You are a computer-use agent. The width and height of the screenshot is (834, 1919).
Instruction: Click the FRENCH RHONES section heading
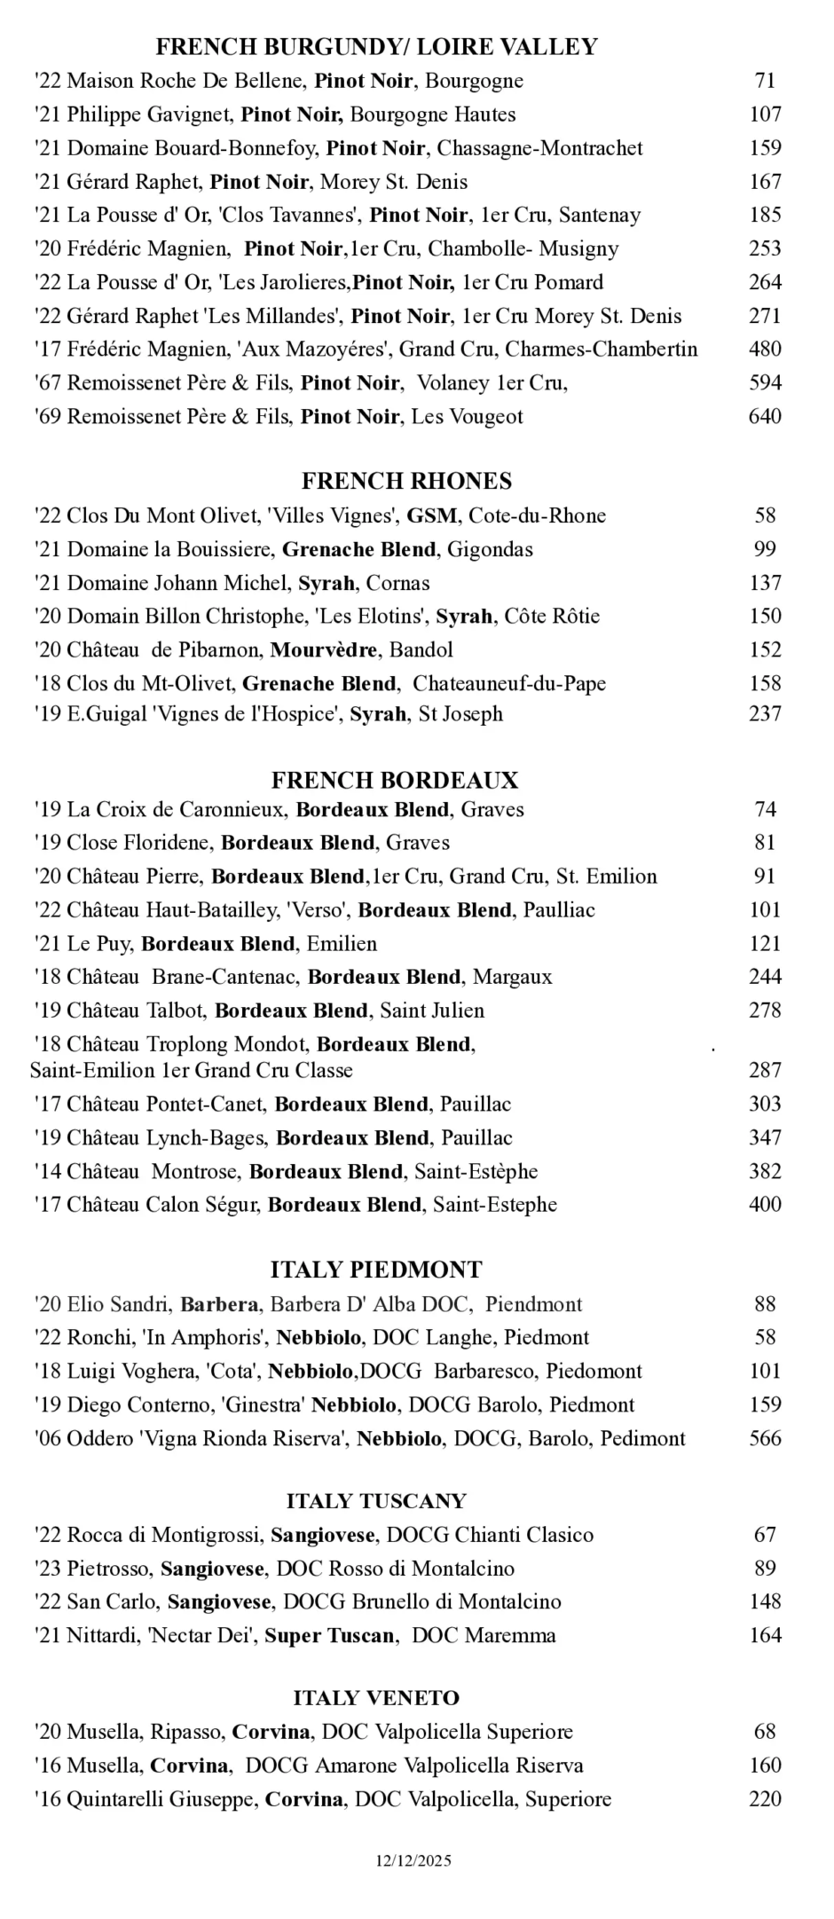point(406,481)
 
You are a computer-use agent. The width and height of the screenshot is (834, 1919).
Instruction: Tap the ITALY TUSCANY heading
point(375,1501)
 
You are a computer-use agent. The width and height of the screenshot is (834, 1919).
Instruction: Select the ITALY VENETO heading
point(376,1698)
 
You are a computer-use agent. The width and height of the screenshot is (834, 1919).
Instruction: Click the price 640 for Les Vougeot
point(765,417)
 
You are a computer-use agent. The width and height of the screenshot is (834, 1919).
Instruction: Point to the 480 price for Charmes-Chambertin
point(765,350)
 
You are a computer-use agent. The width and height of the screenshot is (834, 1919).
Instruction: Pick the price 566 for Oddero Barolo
point(765,1438)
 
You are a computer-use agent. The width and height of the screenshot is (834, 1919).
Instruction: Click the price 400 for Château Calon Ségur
point(765,1205)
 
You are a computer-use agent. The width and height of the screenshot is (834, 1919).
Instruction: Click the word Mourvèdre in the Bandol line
point(324,650)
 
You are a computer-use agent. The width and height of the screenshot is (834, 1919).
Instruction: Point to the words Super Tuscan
point(329,1636)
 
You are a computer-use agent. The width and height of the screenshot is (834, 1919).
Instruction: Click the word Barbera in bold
point(219,1304)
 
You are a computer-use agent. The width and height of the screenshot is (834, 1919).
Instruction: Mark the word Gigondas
point(490,550)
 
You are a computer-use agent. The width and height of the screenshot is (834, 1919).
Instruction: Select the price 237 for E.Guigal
point(765,714)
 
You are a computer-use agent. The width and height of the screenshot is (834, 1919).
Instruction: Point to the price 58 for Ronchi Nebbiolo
point(765,1338)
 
